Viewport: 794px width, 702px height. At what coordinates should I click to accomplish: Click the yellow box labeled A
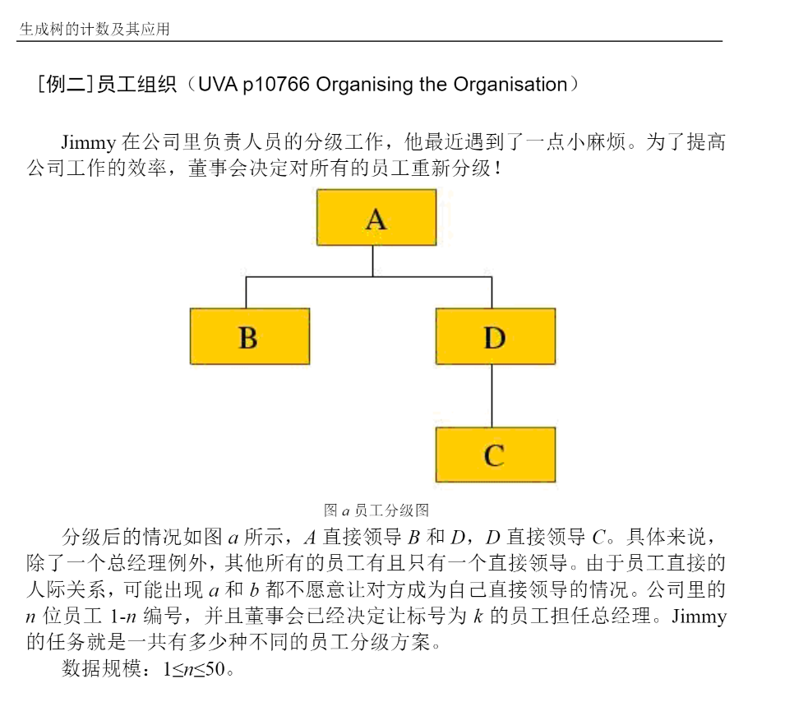(x=376, y=218)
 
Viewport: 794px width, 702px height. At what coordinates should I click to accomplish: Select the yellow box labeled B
(x=249, y=336)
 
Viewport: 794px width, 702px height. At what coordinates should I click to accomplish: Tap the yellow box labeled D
(x=495, y=336)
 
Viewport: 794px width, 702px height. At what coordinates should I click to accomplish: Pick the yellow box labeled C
(x=495, y=455)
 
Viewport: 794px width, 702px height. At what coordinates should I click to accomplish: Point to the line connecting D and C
(x=492, y=395)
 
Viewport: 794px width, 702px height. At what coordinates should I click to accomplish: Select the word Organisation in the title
(x=510, y=84)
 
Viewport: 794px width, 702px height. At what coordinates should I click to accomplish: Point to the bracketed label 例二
(x=64, y=84)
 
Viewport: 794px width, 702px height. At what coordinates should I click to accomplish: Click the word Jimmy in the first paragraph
(x=88, y=142)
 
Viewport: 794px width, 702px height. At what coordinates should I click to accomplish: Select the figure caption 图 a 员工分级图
(x=376, y=510)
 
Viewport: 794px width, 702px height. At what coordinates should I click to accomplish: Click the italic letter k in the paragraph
(x=478, y=616)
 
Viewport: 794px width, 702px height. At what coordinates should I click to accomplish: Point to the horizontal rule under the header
(x=370, y=41)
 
